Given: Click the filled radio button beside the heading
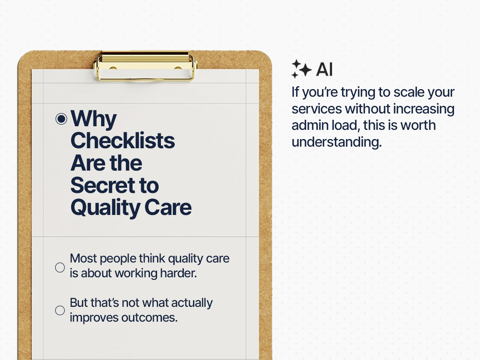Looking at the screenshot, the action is pos(61,119).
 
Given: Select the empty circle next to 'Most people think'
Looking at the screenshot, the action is pos(60,268).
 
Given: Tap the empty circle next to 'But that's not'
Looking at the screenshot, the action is pos(60,310).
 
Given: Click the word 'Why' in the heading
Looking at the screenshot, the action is pos(94,119).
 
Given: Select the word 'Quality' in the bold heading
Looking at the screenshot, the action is pos(106,208).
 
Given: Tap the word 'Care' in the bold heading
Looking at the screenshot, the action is pos(168,207).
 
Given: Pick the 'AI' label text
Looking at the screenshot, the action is pos(325,69).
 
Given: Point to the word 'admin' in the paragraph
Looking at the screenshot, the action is pos(310,125).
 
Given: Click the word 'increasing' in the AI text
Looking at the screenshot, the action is pos(424,109).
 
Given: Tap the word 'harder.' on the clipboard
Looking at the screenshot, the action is pos(178,273).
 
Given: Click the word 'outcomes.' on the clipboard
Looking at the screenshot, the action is pos(149,318).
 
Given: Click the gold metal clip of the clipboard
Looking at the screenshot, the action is pos(146,66).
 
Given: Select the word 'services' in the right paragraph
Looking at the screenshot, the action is pos(317,109).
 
